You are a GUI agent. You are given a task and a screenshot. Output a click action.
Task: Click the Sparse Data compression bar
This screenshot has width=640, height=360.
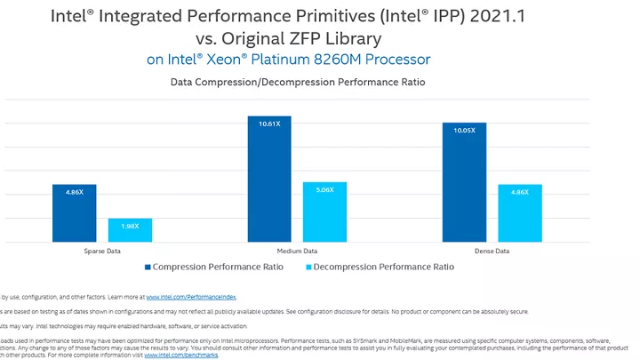[x=74, y=212]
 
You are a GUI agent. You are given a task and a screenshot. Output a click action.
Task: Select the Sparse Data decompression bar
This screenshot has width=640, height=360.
[x=130, y=229]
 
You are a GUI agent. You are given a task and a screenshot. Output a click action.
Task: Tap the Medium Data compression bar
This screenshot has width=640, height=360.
[x=269, y=179]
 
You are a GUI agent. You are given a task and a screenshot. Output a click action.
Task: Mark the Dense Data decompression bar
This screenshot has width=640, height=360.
[x=520, y=212]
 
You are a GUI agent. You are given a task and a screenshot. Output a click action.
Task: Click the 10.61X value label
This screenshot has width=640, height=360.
[x=269, y=124]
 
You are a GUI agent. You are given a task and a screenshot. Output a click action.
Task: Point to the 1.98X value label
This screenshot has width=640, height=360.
[x=130, y=225]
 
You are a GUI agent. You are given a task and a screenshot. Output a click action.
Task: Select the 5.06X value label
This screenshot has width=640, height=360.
[x=324, y=188]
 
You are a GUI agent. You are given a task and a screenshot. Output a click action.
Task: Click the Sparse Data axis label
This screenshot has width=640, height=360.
[x=102, y=252]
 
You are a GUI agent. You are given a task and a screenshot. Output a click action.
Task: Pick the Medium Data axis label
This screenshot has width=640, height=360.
[x=297, y=252]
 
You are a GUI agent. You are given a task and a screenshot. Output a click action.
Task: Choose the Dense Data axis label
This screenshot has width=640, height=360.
[x=492, y=252]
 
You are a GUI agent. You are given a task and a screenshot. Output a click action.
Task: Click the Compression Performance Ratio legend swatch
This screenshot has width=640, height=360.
[x=147, y=267]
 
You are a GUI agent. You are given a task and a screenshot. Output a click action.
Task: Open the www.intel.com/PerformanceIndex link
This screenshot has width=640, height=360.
[x=191, y=297]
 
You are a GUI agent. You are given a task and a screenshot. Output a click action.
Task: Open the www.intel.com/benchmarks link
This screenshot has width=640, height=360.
[x=180, y=355]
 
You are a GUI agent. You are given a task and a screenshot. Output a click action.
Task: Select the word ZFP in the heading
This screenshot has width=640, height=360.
[x=318, y=38]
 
